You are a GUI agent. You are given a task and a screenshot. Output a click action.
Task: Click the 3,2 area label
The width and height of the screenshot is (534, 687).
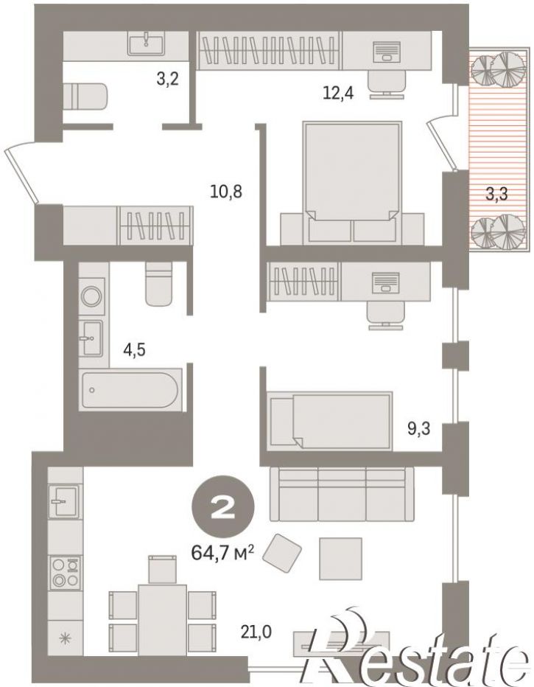tap(168, 80)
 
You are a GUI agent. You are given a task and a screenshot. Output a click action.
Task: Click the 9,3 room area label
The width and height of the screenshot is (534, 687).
tap(419, 429)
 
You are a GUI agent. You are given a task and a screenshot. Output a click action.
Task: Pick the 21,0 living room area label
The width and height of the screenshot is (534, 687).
tap(256, 632)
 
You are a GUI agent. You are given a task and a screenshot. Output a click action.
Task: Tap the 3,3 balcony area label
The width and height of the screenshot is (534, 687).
tap(496, 193)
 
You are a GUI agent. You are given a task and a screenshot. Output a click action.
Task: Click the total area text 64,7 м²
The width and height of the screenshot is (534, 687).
tap(223, 553)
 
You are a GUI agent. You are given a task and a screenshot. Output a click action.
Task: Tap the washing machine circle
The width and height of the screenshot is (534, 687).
tap(92, 296)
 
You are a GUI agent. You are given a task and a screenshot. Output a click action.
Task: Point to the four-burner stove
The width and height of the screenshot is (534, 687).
tap(66, 573)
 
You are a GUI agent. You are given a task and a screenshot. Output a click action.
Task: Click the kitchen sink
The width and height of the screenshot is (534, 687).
tap(65, 501)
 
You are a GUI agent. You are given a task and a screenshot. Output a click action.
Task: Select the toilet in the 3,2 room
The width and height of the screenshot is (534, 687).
tap(85, 97)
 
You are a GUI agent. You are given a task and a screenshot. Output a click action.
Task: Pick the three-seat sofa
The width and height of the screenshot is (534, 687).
tap(342, 493)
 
